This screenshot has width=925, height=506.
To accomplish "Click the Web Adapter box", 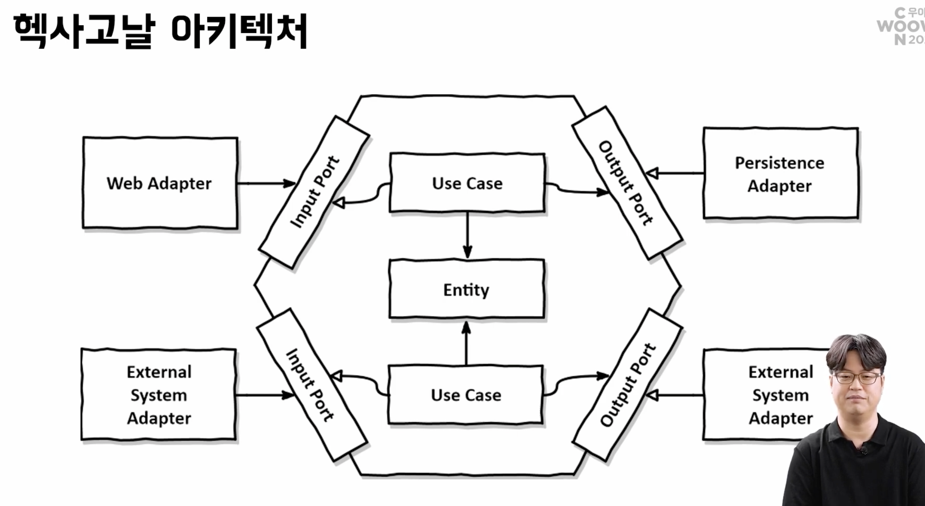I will (160, 183).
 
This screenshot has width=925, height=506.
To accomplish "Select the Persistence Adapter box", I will (780, 174).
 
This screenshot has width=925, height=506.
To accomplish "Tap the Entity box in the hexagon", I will (466, 289).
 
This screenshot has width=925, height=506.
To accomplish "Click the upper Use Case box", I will (467, 183).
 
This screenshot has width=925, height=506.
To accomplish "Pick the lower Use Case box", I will (466, 395).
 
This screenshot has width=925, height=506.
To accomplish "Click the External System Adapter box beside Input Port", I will (159, 395).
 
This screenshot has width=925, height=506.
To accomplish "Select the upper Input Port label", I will (314, 192).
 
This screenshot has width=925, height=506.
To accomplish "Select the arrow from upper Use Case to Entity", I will (468, 234).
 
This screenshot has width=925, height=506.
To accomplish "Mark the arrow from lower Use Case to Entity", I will (466, 343).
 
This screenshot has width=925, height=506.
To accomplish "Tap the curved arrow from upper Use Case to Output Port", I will (577, 190).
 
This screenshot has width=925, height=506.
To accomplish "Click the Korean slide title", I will (160, 31).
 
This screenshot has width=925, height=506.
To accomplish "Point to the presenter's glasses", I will (857, 377).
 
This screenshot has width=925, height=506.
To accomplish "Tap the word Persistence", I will (779, 163).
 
